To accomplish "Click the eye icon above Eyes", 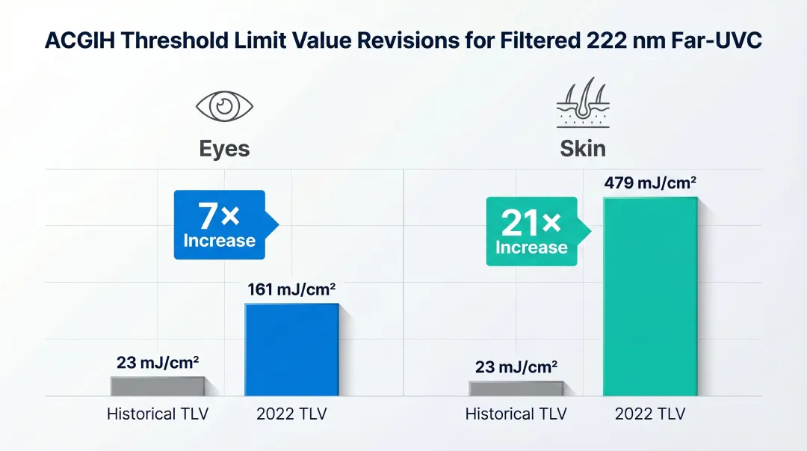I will pyautogui.click(x=224, y=106).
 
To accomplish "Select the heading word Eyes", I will pyautogui.click(x=224, y=149).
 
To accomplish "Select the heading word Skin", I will pyautogui.click(x=583, y=149).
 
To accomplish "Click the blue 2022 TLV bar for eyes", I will pyautogui.click(x=291, y=350).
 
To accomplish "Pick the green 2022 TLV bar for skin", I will pyautogui.click(x=650, y=297).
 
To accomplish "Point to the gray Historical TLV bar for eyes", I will pyautogui.click(x=157, y=386).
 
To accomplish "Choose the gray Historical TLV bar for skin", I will pyautogui.click(x=516, y=388).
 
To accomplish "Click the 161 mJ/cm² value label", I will pyautogui.click(x=291, y=289).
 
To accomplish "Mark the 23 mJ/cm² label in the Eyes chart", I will pyautogui.click(x=158, y=363).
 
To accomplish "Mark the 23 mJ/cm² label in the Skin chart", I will pyautogui.click(x=516, y=367).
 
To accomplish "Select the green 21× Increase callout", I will pyautogui.click(x=533, y=231).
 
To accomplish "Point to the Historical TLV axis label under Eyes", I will pyautogui.click(x=158, y=414).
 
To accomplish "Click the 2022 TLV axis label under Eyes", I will pyautogui.click(x=291, y=414).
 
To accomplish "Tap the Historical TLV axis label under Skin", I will pyautogui.click(x=516, y=414).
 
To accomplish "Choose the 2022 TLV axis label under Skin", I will pyautogui.click(x=650, y=414).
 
